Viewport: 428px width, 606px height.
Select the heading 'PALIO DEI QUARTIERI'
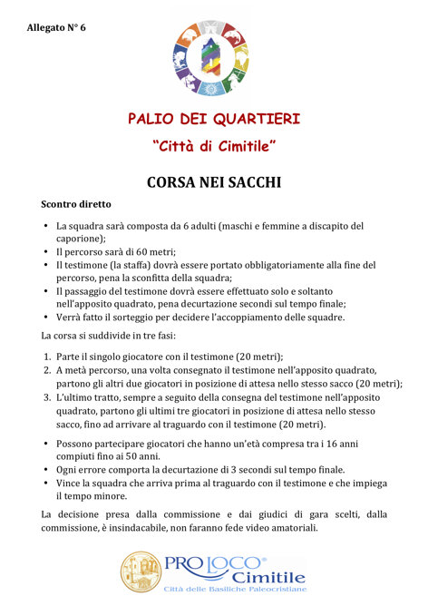(214, 119)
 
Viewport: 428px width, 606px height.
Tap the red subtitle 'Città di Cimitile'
(214, 146)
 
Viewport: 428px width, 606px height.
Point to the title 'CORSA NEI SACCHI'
(214, 182)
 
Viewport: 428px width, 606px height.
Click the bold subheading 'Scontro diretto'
(75, 205)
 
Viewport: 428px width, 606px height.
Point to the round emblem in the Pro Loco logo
(141, 572)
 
